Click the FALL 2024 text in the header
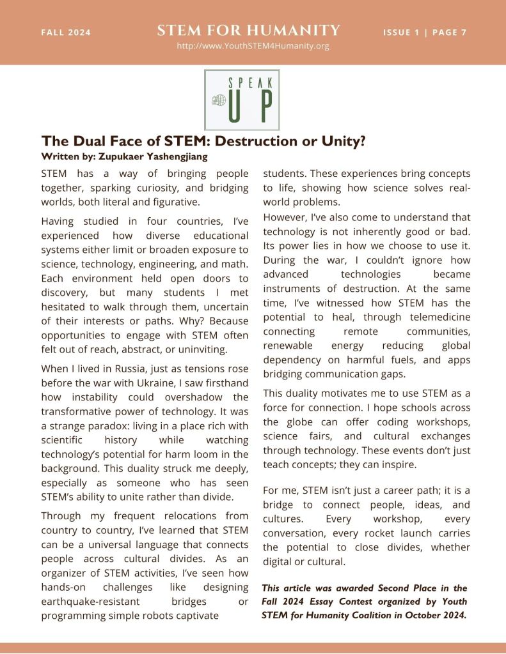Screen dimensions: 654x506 (x=66, y=33)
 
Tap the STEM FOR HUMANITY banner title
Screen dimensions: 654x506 (x=248, y=30)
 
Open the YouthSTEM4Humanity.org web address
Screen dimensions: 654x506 (x=253, y=46)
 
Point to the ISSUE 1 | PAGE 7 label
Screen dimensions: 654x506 (x=425, y=33)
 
